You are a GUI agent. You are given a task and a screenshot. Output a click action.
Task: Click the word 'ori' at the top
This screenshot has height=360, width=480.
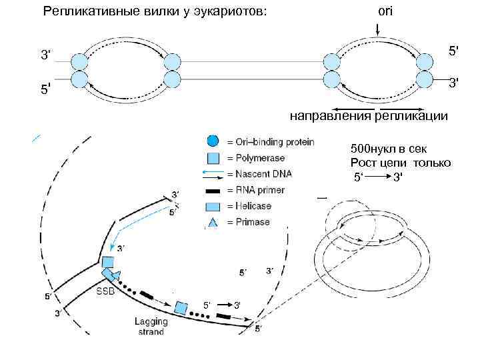(385, 11)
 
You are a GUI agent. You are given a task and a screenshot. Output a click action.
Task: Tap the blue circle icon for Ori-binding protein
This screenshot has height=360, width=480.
(212, 141)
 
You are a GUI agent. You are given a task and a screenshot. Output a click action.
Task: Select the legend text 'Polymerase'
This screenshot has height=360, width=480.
(260, 158)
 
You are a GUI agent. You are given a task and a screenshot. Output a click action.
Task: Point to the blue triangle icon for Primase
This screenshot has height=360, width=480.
(212, 222)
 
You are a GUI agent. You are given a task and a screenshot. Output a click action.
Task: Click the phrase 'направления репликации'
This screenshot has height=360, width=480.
(368, 117)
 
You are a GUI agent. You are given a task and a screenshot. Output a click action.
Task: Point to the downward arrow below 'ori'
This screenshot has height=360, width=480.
(377, 31)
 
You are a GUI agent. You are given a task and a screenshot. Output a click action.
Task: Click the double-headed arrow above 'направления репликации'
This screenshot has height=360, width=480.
(377, 107)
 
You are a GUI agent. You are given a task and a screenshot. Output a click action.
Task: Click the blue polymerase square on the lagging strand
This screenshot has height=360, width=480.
(181, 307)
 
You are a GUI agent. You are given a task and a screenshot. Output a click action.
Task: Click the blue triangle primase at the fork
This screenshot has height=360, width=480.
(117, 276)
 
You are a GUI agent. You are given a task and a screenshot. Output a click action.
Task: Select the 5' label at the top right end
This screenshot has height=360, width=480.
(453, 51)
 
